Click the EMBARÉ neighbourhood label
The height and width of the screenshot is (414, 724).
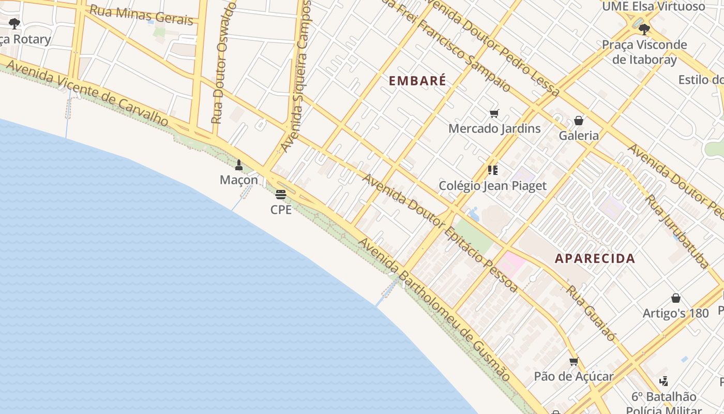coord(417,81)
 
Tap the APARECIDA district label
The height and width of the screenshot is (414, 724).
coord(595,258)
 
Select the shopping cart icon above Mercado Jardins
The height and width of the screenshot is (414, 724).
coord(494,113)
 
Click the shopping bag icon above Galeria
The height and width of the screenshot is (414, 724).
coord(579,121)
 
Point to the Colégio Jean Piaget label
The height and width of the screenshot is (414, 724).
coord(492,186)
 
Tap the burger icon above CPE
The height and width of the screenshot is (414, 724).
coord(281,195)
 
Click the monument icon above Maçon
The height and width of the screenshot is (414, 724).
coord(239,165)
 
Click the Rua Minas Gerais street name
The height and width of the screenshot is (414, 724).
coord(141,15)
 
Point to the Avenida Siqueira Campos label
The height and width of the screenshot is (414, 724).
coord(296,75)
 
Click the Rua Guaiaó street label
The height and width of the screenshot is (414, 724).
coord(591,313)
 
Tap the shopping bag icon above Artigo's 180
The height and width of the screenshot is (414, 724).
coord(675,298)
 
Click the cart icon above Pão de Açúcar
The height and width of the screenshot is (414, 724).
coord(574,361)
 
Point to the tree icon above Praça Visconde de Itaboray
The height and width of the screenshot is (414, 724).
coord(644,29)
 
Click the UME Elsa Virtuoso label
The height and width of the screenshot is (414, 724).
coord(653,7)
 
